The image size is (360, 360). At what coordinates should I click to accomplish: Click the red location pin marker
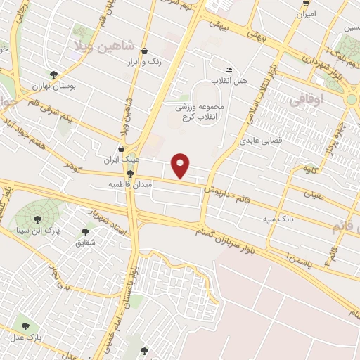point(181,165)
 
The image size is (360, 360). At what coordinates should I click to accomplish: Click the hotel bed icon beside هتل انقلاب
point(229,70)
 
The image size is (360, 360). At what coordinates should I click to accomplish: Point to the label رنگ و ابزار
point(146,62)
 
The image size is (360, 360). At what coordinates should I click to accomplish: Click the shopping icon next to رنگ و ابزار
point(145,51)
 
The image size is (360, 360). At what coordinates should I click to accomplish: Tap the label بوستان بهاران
point(53,86)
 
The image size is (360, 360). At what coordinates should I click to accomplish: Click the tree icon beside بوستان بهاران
point(53,75)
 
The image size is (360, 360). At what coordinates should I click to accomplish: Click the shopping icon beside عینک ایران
point(122,149)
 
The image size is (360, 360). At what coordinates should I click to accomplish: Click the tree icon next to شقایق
point(86,231)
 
